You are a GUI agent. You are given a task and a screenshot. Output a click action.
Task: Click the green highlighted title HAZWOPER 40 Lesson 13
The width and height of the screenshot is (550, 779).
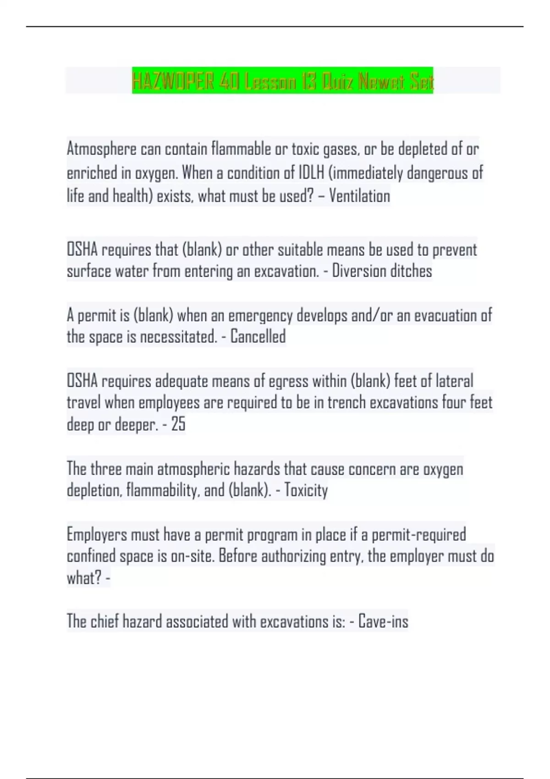point(282,82)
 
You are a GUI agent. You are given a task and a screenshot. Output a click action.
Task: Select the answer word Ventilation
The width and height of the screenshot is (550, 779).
point(359,196)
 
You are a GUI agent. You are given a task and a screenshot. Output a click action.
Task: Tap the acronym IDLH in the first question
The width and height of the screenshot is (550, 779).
point(312,173)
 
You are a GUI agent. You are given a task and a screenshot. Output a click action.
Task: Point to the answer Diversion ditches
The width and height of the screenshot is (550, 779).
point(382,271)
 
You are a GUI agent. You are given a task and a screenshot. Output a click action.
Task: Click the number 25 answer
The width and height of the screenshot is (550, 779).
point(178,424)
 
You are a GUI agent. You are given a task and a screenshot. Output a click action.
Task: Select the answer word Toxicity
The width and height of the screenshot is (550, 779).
point(306,490)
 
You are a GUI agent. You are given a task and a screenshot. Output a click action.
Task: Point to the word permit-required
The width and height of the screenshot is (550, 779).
point(418,534)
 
